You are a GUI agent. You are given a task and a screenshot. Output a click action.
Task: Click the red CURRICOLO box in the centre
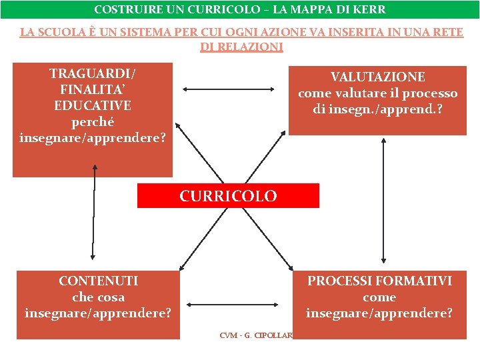[228, 196]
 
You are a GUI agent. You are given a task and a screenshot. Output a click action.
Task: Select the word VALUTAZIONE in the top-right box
[378, 77]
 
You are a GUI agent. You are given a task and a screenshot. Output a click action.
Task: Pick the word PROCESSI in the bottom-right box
[338, 281]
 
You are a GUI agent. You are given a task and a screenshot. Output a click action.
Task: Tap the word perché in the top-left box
[93, 122]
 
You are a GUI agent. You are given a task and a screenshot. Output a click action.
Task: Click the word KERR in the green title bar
[370, 10]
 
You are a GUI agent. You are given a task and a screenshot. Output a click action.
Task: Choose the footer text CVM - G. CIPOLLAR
[256, 335]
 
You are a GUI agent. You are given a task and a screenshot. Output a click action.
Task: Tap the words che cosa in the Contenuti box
[98, 297]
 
